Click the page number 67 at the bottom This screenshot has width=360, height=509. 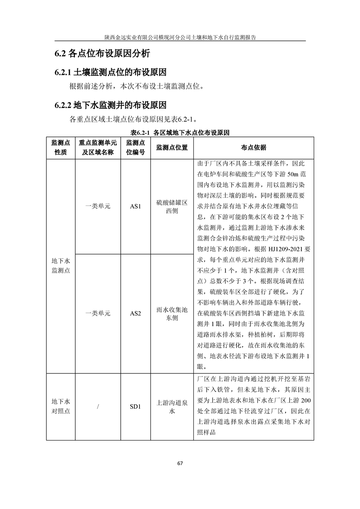pyautogui.click(x=180, y=463)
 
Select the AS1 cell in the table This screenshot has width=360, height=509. pyautogui.click(x=136, y=206)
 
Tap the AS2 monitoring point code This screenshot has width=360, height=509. pyautogui.click(x=136, y=313)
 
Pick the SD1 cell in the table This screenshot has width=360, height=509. pyautogui.click(x=136, y=406)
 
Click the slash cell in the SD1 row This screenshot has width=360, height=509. pyautogui.click(x=98, y=406)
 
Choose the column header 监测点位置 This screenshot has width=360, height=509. pyautogui.click(x=172, y=147)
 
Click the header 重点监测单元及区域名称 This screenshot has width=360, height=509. pyautogui.click(x=98, y=147)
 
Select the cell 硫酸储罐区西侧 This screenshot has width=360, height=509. pyautogui.click(x=172, y=206)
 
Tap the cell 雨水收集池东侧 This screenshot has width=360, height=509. pyautogui.click(x=172, y=313)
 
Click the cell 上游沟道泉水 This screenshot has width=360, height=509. pyautogui.click(x=172, y=406)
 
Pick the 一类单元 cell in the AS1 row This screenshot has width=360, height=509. pyautogui.click(x=98, y=206)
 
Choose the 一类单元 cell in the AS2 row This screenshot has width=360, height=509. pyautogui.click(x=98, y=313)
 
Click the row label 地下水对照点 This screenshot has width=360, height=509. pyautogui.click(x=60, y=406)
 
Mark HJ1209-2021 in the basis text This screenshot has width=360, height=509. pyautogui.click(x=287, y=249)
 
